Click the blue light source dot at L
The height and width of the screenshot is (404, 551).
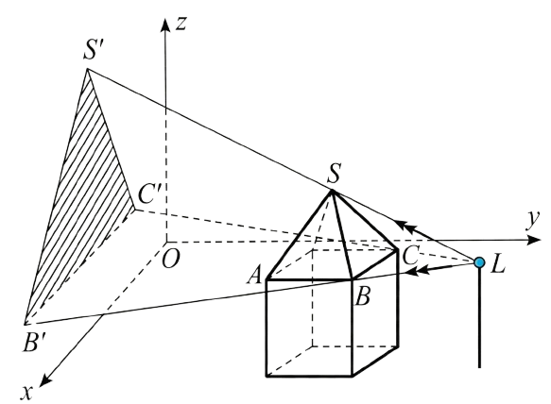coord(479,262)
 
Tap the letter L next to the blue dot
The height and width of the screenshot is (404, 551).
coord(498,264)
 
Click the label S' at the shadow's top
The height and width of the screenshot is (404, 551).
coord(95,49)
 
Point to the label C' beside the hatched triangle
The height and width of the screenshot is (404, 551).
coord(150,194)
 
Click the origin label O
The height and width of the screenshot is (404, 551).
coord(171,260)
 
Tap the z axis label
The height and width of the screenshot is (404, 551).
coord(181,24)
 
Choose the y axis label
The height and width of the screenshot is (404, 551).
coord(532,221)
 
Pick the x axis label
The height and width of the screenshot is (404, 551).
coord(26,393)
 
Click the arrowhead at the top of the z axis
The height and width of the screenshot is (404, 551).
coord(164,25)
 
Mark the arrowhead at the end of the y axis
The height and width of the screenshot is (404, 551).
coord(534,240)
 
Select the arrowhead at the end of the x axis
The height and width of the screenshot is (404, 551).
coord(45,379)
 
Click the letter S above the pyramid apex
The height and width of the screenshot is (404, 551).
coord(334,174)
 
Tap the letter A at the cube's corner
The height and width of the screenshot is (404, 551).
coord(254,275)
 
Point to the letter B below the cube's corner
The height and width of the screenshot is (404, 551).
coord(362,296)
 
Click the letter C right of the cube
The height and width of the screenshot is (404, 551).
coord(410,256)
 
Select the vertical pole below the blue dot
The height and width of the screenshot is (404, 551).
coord(479,318)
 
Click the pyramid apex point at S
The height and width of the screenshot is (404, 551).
coord(331,191)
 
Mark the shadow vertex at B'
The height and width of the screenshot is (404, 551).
coord(26,324)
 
